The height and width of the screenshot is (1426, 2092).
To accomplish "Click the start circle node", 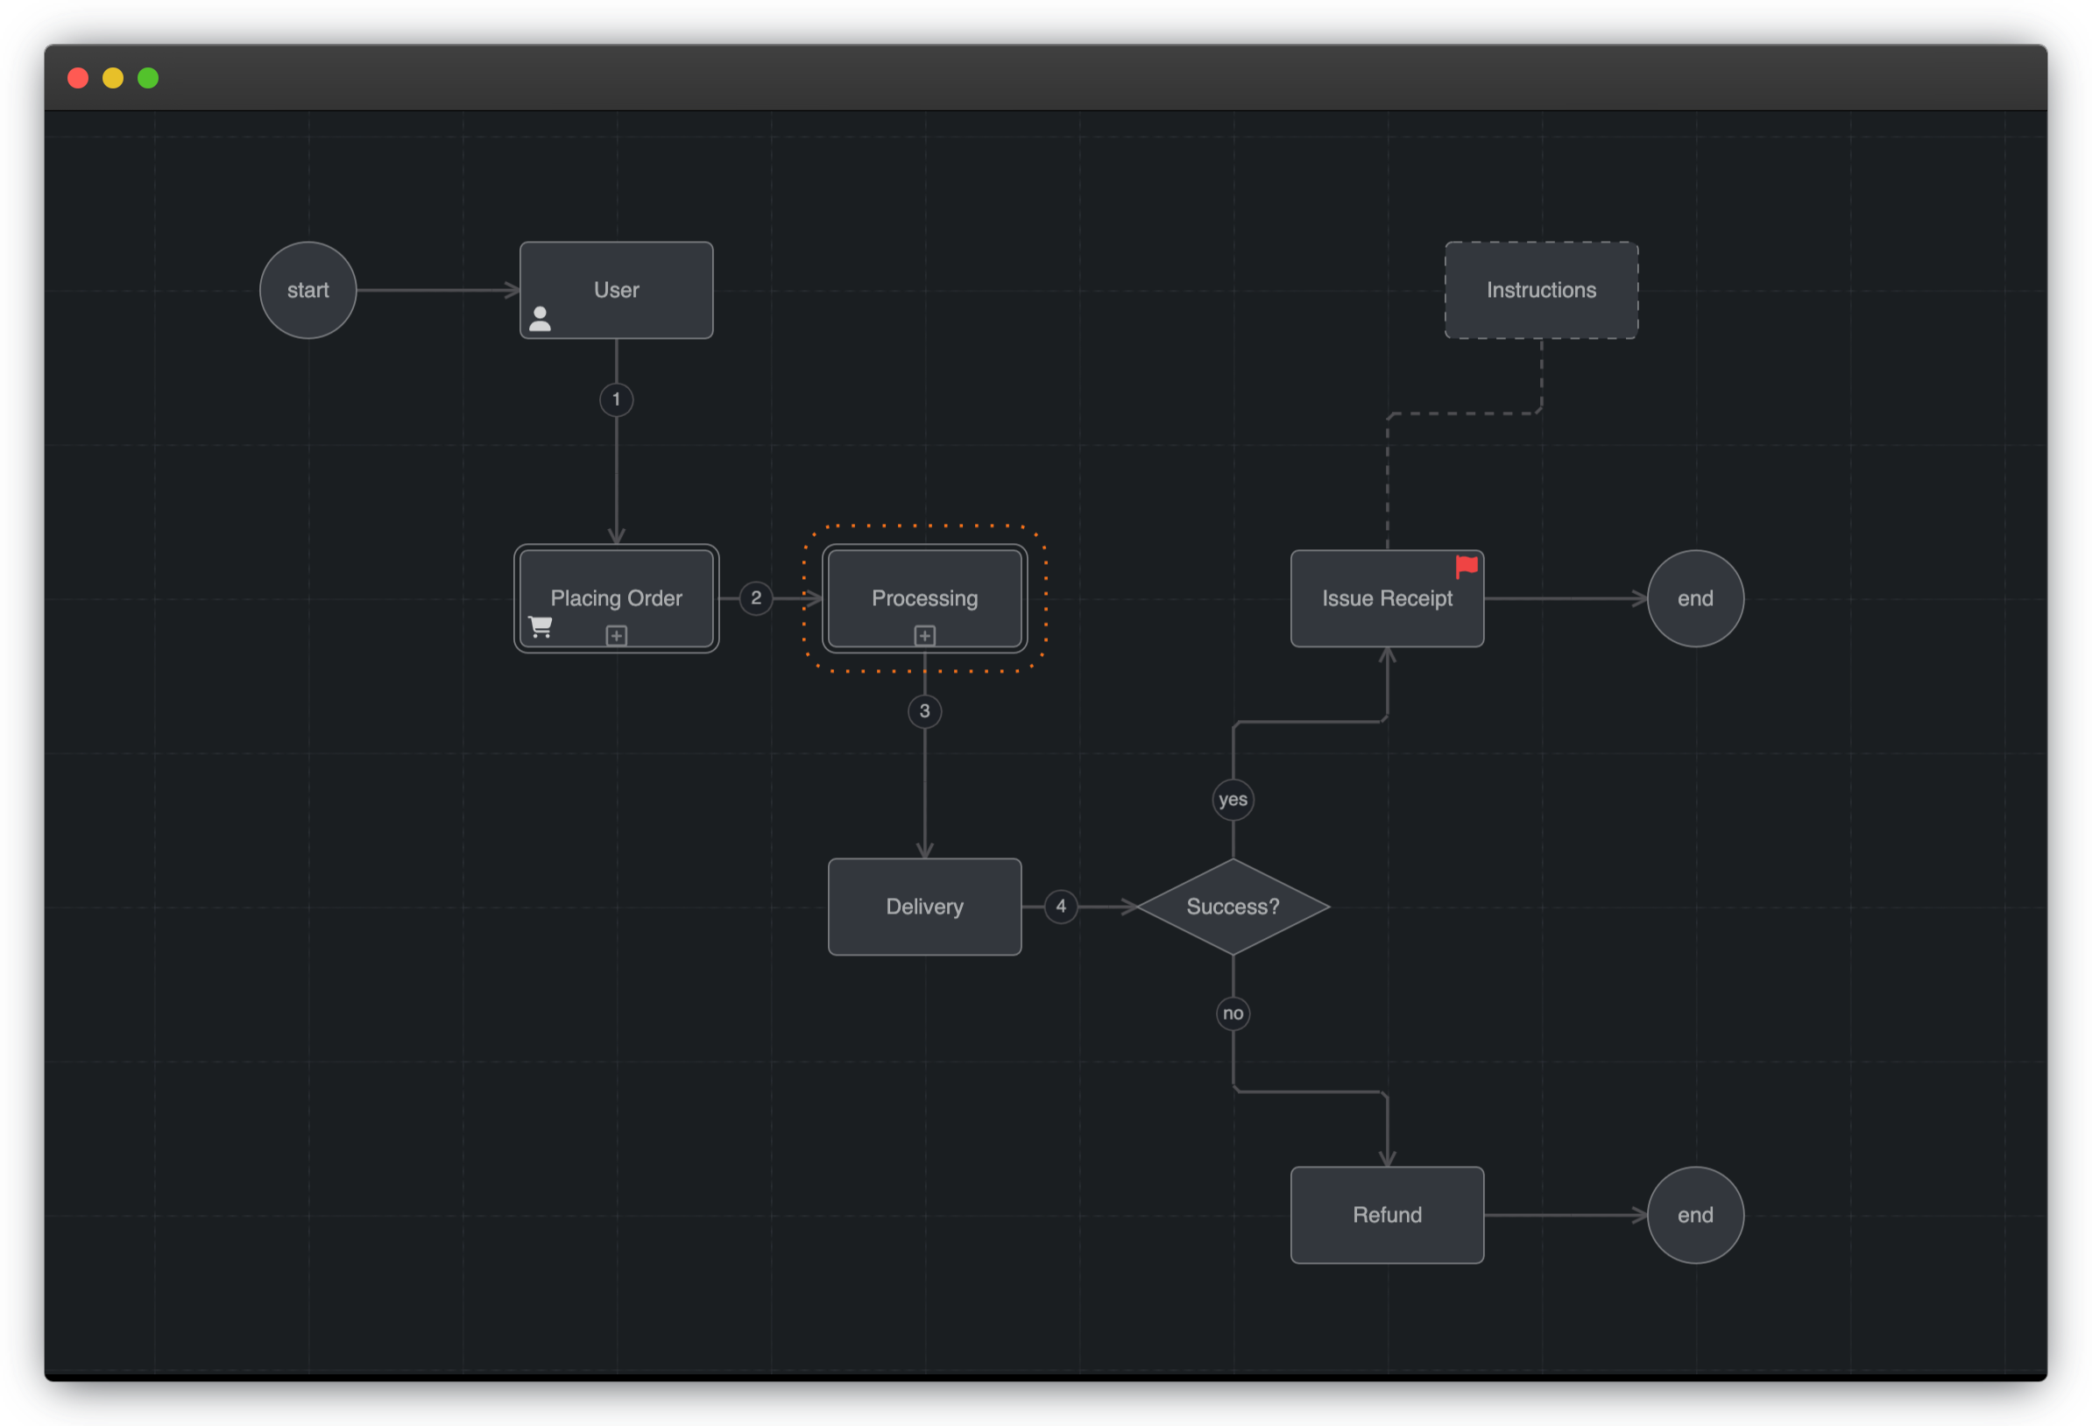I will point(307,290).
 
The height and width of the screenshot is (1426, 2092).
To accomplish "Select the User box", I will point(616,290).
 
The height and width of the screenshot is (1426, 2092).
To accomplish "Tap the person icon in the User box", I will point(541,319).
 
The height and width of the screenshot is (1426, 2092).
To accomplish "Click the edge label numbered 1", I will point(616,399).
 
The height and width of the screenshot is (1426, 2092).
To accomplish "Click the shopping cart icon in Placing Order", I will point(541,626).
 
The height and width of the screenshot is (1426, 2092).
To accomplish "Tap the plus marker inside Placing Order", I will point(616,636).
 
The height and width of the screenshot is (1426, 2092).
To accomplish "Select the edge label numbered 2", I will point(755,597).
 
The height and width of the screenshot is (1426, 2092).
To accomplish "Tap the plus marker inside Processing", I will point(924,636).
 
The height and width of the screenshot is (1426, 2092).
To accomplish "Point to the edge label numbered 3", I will point(924,711).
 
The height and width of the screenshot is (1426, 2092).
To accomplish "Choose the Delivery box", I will point(924,907).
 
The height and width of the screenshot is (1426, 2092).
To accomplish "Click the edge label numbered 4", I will point(1060,907).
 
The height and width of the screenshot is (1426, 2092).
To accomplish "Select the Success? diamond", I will point(1233,907).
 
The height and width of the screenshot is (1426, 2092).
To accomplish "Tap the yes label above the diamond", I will point(1233,800).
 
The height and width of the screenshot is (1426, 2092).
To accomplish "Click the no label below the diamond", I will point(1233,1013).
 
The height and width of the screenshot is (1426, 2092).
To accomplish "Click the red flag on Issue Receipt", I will point(1467,566).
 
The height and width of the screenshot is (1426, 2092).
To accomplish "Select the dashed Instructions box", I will point(1541,290).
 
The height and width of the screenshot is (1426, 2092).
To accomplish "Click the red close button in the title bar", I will point(78,78).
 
